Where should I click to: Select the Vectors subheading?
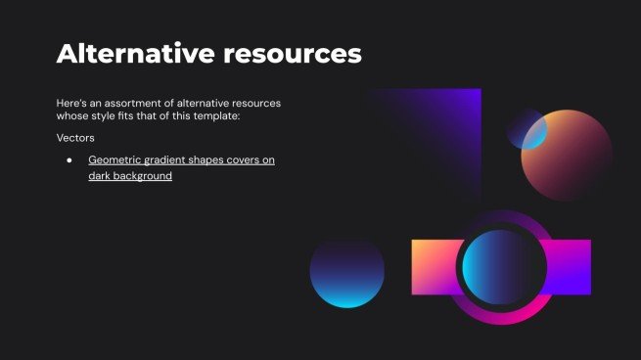75,138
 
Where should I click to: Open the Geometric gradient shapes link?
181,159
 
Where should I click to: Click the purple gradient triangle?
455,127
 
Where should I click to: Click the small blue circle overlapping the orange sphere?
529,130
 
